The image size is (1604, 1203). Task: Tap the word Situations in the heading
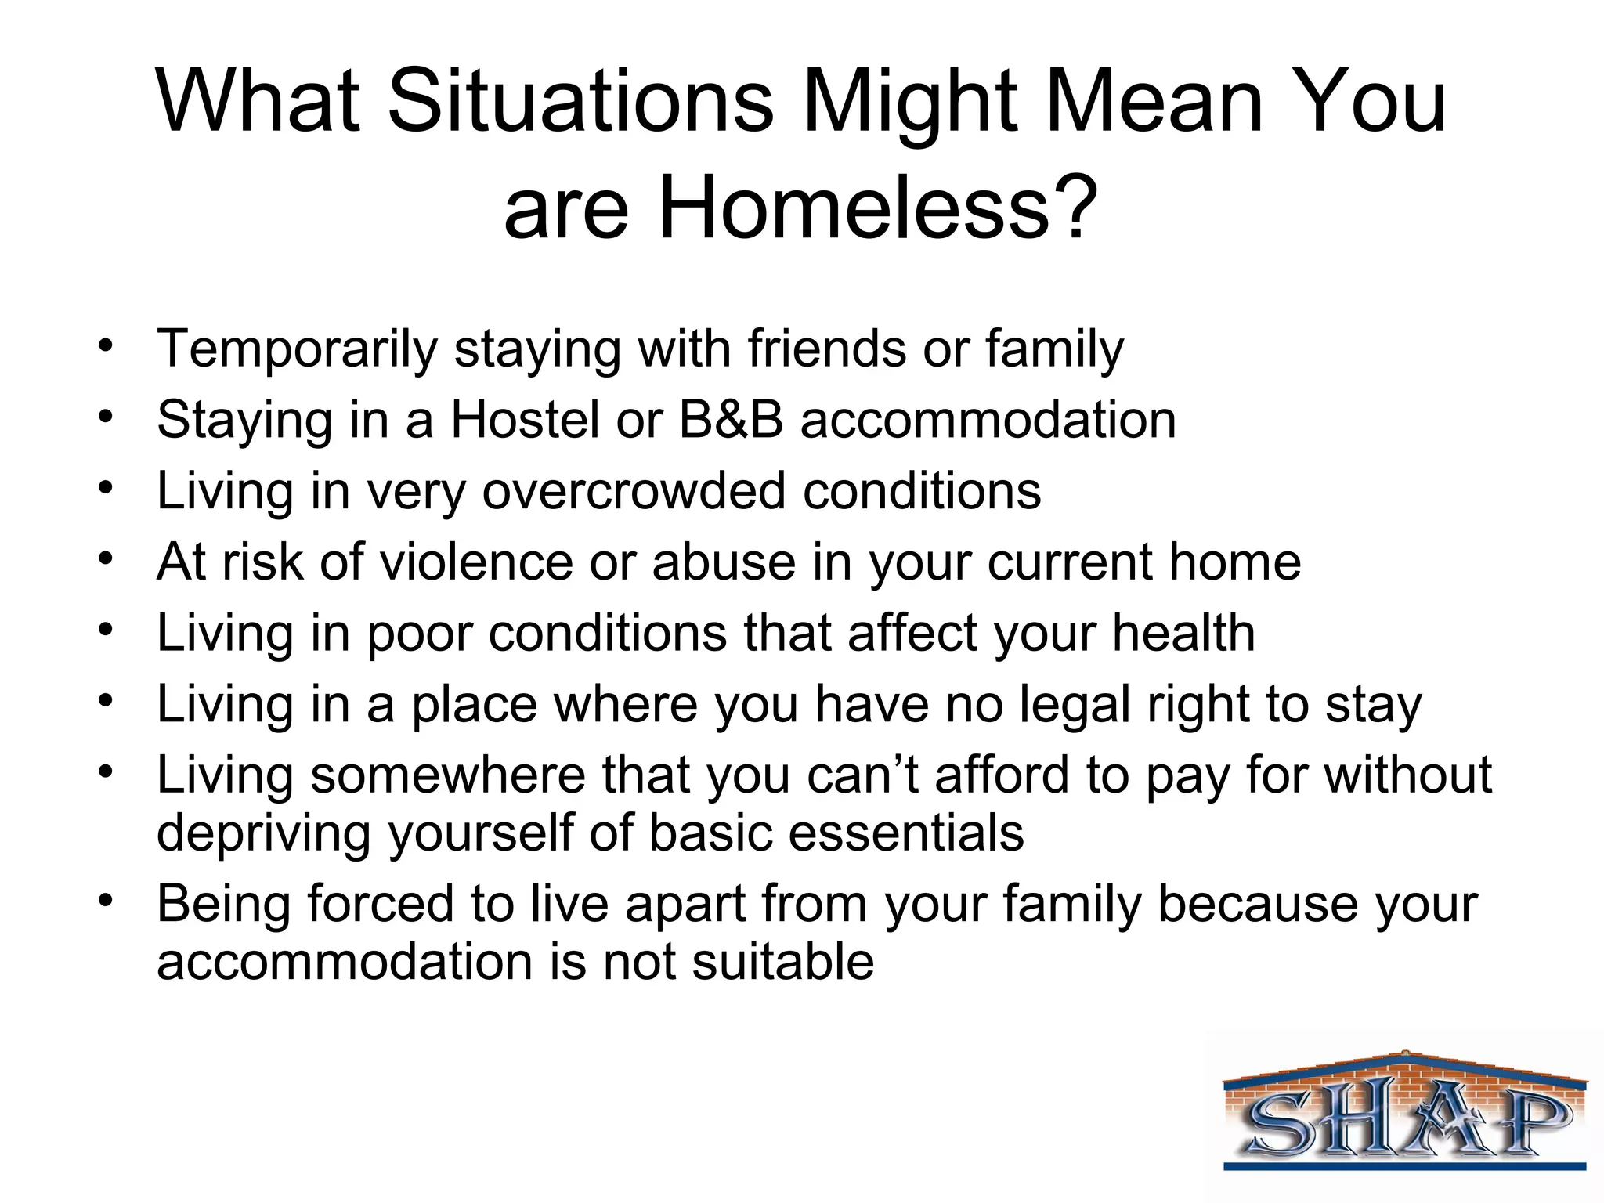click(x=580, y=103)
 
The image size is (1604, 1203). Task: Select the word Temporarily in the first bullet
click(x=297, y=349)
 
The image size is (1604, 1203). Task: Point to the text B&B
click(x=730, y=420)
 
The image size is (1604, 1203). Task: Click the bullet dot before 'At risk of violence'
click(x=107, y=559)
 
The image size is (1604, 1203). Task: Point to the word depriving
click(x=263, y=833)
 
